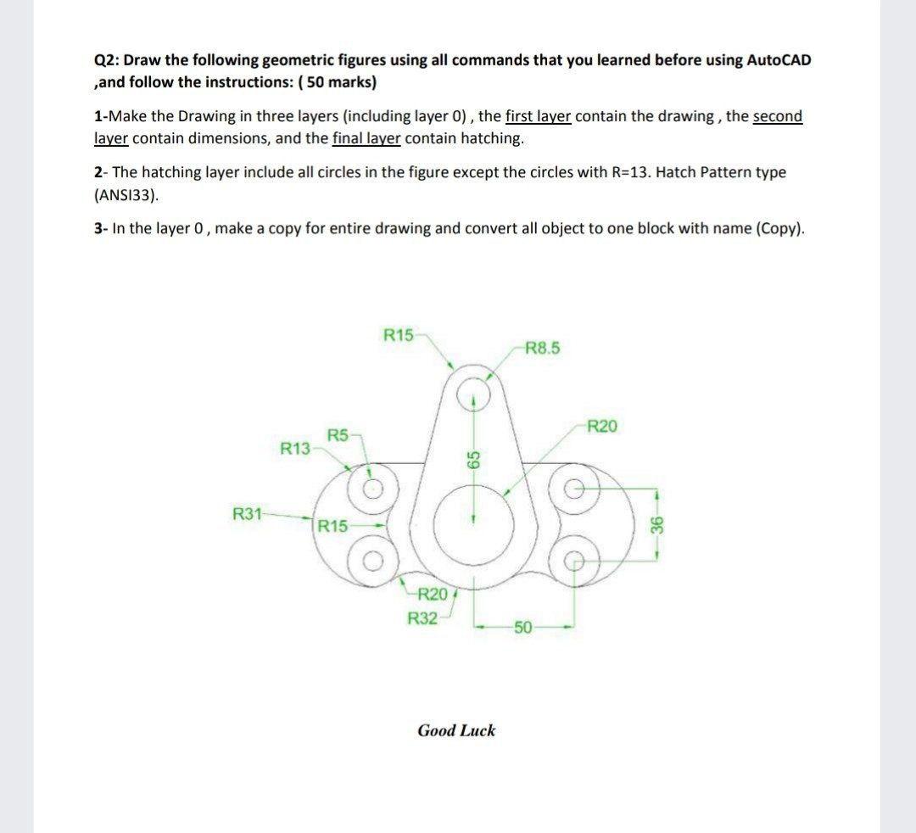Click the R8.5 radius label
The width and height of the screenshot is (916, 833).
(543, 347)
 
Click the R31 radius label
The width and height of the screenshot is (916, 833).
(247, 513)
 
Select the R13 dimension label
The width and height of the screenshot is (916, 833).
(294, 447)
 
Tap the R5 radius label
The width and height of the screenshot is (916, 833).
(338, 435)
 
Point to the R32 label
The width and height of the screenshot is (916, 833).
(422, 618)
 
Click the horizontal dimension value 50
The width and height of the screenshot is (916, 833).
(522, 628)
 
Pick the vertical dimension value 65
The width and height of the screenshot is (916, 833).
(475, 459)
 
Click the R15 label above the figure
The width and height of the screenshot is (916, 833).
(399, 333)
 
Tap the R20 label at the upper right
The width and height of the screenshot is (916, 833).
(601, 426)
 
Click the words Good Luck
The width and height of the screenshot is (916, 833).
(456, 730)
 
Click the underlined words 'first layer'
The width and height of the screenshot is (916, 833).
(539, 116)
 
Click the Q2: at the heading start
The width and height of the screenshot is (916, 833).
(107, 60)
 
